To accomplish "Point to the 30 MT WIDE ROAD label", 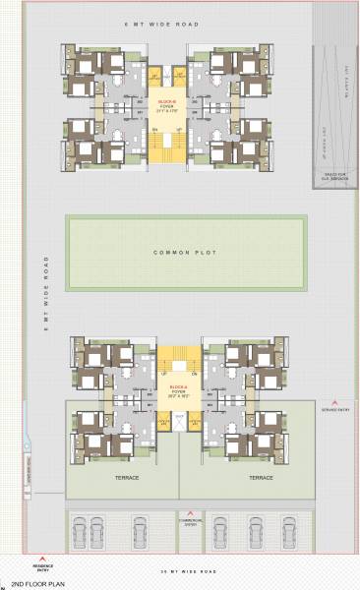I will pyautogui.click(x=179, y=570).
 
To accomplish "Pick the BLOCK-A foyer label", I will pyautogui.click(x=179, y=390).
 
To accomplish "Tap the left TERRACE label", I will pyautogui.click(x=126, y=478).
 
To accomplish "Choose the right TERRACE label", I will pyautogui.click(x=260, y=478).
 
